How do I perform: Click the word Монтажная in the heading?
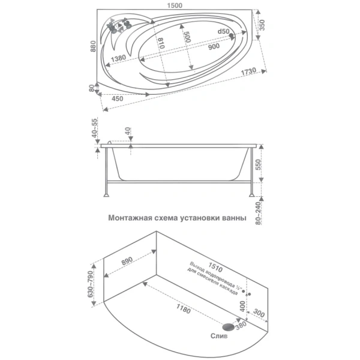click(x=131, y=219)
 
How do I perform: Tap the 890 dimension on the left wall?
click(x=127, y=261)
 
